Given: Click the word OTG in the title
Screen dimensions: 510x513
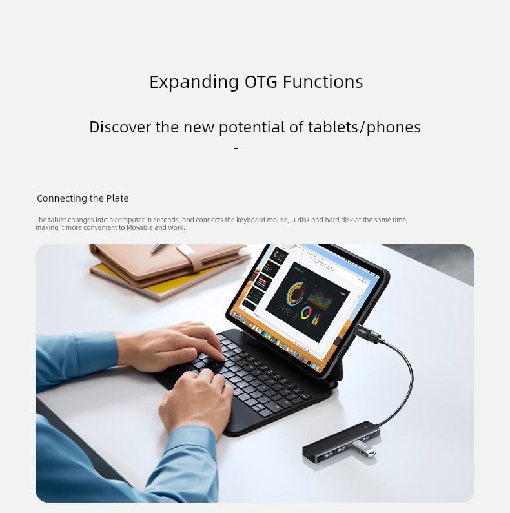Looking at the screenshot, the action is (261, 82).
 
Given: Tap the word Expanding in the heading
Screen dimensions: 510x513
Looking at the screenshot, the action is (194, 82).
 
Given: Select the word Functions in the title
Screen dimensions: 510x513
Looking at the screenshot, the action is (323, 82).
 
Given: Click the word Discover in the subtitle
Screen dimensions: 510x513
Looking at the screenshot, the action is (119, 127).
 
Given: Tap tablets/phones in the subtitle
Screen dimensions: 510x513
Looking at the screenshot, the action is (364, 127).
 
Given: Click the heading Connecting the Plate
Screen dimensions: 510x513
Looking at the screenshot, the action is (83, 198).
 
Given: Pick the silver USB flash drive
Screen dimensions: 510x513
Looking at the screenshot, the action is (363, 449).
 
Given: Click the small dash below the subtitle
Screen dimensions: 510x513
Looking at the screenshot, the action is (236, 148).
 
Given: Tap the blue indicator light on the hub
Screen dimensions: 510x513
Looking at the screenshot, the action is (366, 426).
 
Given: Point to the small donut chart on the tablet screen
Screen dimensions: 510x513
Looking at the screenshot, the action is (306, 313).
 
